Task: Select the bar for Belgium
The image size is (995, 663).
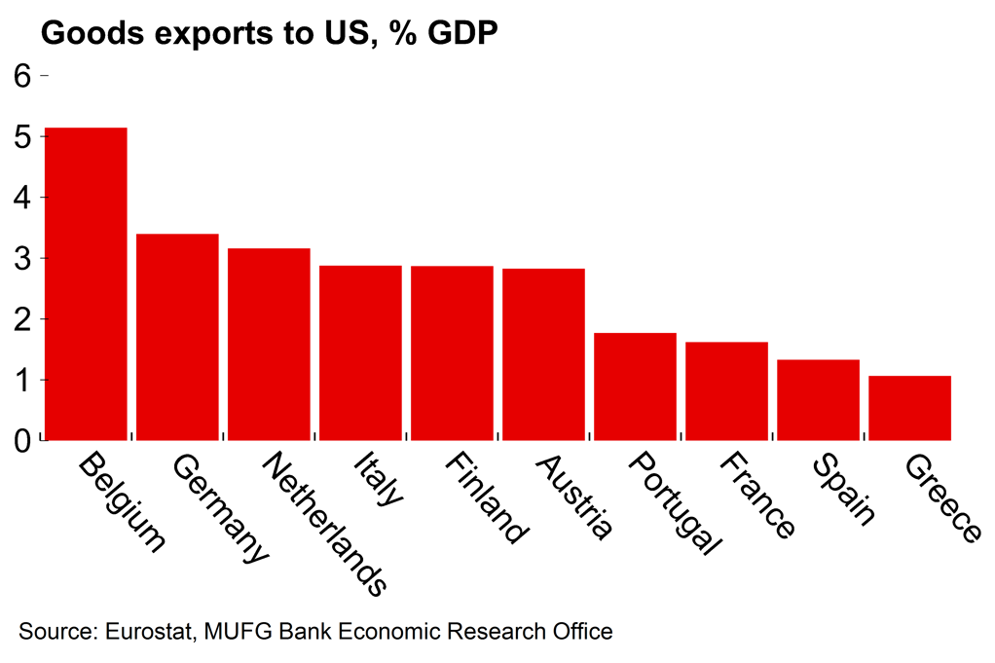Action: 86,283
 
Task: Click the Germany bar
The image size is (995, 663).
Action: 177,337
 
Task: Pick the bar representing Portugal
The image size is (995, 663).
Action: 635,387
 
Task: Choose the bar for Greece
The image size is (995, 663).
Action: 909,408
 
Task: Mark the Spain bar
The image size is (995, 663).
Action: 818,400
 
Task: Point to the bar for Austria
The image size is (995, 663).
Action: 543,354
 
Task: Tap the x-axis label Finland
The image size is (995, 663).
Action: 486,497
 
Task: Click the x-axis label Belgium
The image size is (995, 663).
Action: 121,500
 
